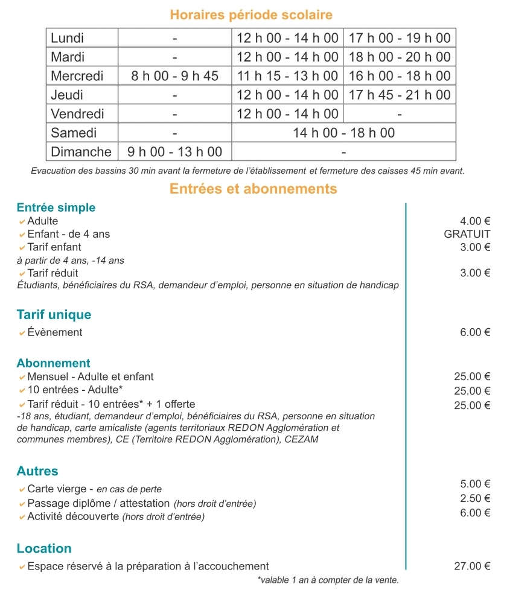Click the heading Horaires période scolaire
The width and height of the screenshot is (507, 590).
(x=251, y=14)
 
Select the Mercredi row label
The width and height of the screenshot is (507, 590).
(x=77, y=76)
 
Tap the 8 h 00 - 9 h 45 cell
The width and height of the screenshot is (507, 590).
(x=175, y=76)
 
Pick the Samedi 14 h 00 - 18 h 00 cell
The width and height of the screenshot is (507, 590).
(x=343, y=133)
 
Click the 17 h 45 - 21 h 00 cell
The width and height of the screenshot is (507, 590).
(x=400, y=95)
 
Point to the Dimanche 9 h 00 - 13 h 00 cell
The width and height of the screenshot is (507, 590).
(x=175, y=151)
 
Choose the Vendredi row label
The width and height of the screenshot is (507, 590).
(x=77, y=113)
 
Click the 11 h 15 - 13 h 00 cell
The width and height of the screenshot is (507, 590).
(x=287, y=76)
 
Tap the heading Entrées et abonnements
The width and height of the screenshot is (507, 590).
(x=253, y=189)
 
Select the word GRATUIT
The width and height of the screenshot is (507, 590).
(x=467, y=234)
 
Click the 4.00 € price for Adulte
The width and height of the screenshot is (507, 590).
(x=474, y=221)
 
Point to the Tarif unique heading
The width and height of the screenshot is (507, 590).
(x=54, y=314)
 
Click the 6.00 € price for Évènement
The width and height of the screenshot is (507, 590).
(x=474, y=332)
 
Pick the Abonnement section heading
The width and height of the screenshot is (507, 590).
(x=54, y=363)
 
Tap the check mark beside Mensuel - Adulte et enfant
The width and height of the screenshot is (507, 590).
(x=22, y=377)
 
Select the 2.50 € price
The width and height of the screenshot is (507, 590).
(x=474, y=498)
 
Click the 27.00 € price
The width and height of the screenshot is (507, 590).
(x=471, y=566)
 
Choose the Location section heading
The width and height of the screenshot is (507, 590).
(x=44, y=548)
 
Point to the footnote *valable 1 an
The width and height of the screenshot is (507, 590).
(x=328, y=580)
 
